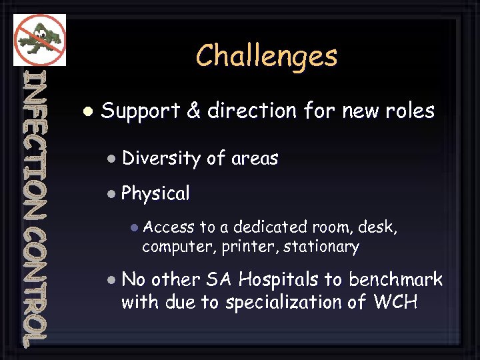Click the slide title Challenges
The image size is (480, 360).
[267, 56]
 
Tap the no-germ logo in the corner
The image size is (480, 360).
[39, 39]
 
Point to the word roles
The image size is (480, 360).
[411, 111]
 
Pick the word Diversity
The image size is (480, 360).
[161, 159]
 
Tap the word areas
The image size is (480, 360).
[255, 159]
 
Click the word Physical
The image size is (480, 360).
[155, 194]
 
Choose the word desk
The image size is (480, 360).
[377, 227]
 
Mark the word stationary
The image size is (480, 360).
[321, 247]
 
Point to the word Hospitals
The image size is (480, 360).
[278, 279]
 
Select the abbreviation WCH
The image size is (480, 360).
[395, 302]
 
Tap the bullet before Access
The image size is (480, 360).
[134, 227]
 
